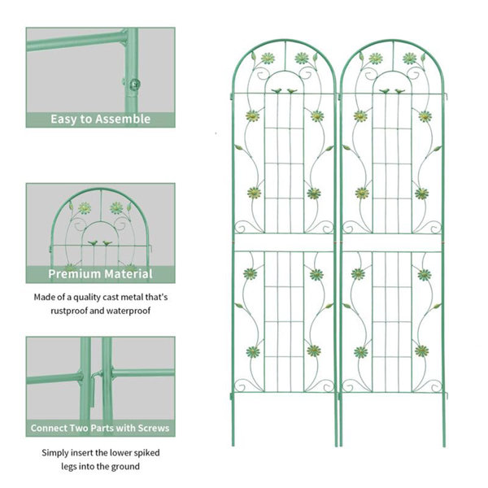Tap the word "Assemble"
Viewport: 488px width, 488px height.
pos(124,119)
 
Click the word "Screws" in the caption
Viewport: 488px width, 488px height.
pos(151,428)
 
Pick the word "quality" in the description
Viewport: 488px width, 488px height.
pos(88,297)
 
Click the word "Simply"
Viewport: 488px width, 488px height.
pos(58,453)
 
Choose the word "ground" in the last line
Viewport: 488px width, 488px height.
pos(123,466)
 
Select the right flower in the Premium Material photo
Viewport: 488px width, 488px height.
pos(116,207)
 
